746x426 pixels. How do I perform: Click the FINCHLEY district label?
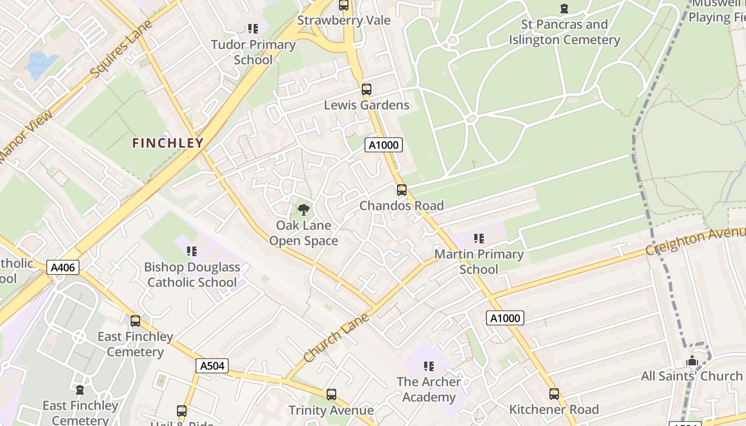tap(168, 143)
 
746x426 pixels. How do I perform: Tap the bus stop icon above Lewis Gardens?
tap(366, 89)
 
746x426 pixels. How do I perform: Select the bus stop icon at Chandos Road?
tap(402, 190)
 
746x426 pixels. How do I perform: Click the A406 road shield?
tap(63, 267)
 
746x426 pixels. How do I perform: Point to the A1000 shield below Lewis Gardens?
tap(383, 145)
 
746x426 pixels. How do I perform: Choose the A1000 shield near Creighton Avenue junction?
tap(505, 318)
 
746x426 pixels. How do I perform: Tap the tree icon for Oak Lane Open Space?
tap(304, 209)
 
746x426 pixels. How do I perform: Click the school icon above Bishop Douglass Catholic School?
tap(192, 251)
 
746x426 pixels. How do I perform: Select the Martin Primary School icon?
tap(479, 239)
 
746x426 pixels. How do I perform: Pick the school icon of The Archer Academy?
tap(428, 366)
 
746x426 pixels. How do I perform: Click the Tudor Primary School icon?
tap(253, 29)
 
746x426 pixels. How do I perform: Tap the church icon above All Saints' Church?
tap(692, 361)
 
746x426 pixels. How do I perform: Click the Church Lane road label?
tap(336, 338)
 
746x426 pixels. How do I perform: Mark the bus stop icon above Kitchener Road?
tap(554, 394)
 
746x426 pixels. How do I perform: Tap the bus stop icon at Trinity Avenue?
tap(331, 395)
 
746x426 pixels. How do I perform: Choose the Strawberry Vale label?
tap(344, 20)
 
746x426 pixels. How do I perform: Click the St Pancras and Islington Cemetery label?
tap(564, 32)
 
